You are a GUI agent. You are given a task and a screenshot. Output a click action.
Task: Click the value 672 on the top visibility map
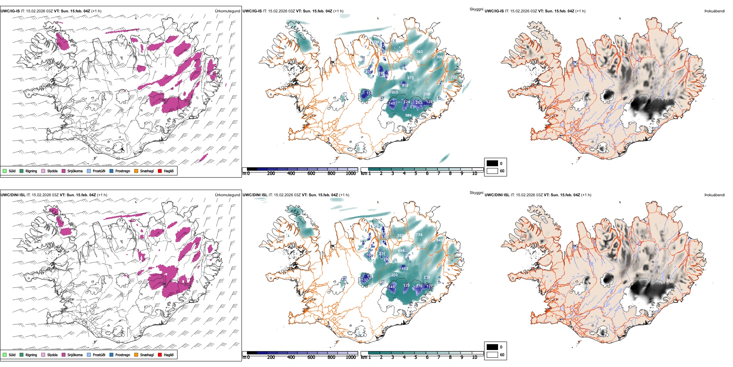(x=410, y=78)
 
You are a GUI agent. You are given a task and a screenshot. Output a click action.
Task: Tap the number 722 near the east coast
(x=454, y=77)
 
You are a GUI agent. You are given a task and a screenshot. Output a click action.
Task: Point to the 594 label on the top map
(x=408, y=116)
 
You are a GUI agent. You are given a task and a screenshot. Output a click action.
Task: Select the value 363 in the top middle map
(x=419, y=52)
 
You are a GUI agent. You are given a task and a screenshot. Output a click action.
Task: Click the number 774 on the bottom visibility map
(x=419, y=235)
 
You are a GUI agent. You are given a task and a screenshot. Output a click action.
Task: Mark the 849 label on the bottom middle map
(x=439, y=240)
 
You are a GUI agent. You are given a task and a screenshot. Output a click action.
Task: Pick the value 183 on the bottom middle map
(x=405, y=269)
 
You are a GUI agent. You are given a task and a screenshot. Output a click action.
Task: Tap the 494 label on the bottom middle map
(x=401, y=251)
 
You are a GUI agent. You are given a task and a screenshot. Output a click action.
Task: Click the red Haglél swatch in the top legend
(x=160, y=171)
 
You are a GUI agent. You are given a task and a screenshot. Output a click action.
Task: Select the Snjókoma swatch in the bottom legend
(x=63, y=355)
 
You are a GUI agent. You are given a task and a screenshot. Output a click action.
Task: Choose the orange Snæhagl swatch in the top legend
(x=136, y=171)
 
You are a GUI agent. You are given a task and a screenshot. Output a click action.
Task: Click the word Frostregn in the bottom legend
(x=123, y=355)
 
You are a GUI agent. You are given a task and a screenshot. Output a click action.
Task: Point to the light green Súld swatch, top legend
(x=5, y=171)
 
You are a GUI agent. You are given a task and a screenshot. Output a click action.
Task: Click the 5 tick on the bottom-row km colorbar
(x=415, y=357)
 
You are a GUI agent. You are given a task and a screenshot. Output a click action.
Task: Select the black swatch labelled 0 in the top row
(x=492, y=163)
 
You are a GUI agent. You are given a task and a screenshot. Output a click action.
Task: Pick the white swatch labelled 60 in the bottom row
(x=492, y=355)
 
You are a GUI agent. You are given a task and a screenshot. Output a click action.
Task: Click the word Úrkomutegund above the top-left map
(x=227, y=11)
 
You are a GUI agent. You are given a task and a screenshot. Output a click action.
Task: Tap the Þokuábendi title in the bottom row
(x=714, y=195)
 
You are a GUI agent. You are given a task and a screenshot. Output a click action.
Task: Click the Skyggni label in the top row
(x=476, y=9)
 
